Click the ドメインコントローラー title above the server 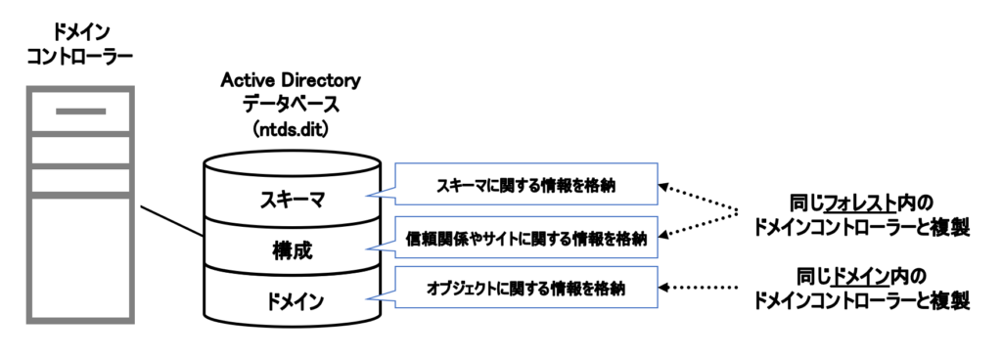(79, 43)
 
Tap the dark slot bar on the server (80, 112)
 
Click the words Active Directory (291, 80)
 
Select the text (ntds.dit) (291, 129)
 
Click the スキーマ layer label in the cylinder (292, 201)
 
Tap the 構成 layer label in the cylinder (292, 250)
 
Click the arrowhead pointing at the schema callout (663, 187)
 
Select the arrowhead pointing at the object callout (663, 288)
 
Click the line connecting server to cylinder (172, 221)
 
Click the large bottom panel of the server (80, 257)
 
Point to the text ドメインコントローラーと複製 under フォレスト (861, 227)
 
